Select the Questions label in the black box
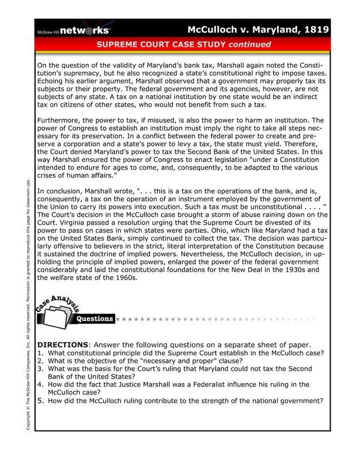[x=95, y=319]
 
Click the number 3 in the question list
[x=40, y=369]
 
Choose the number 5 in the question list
[x=40, y=401]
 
